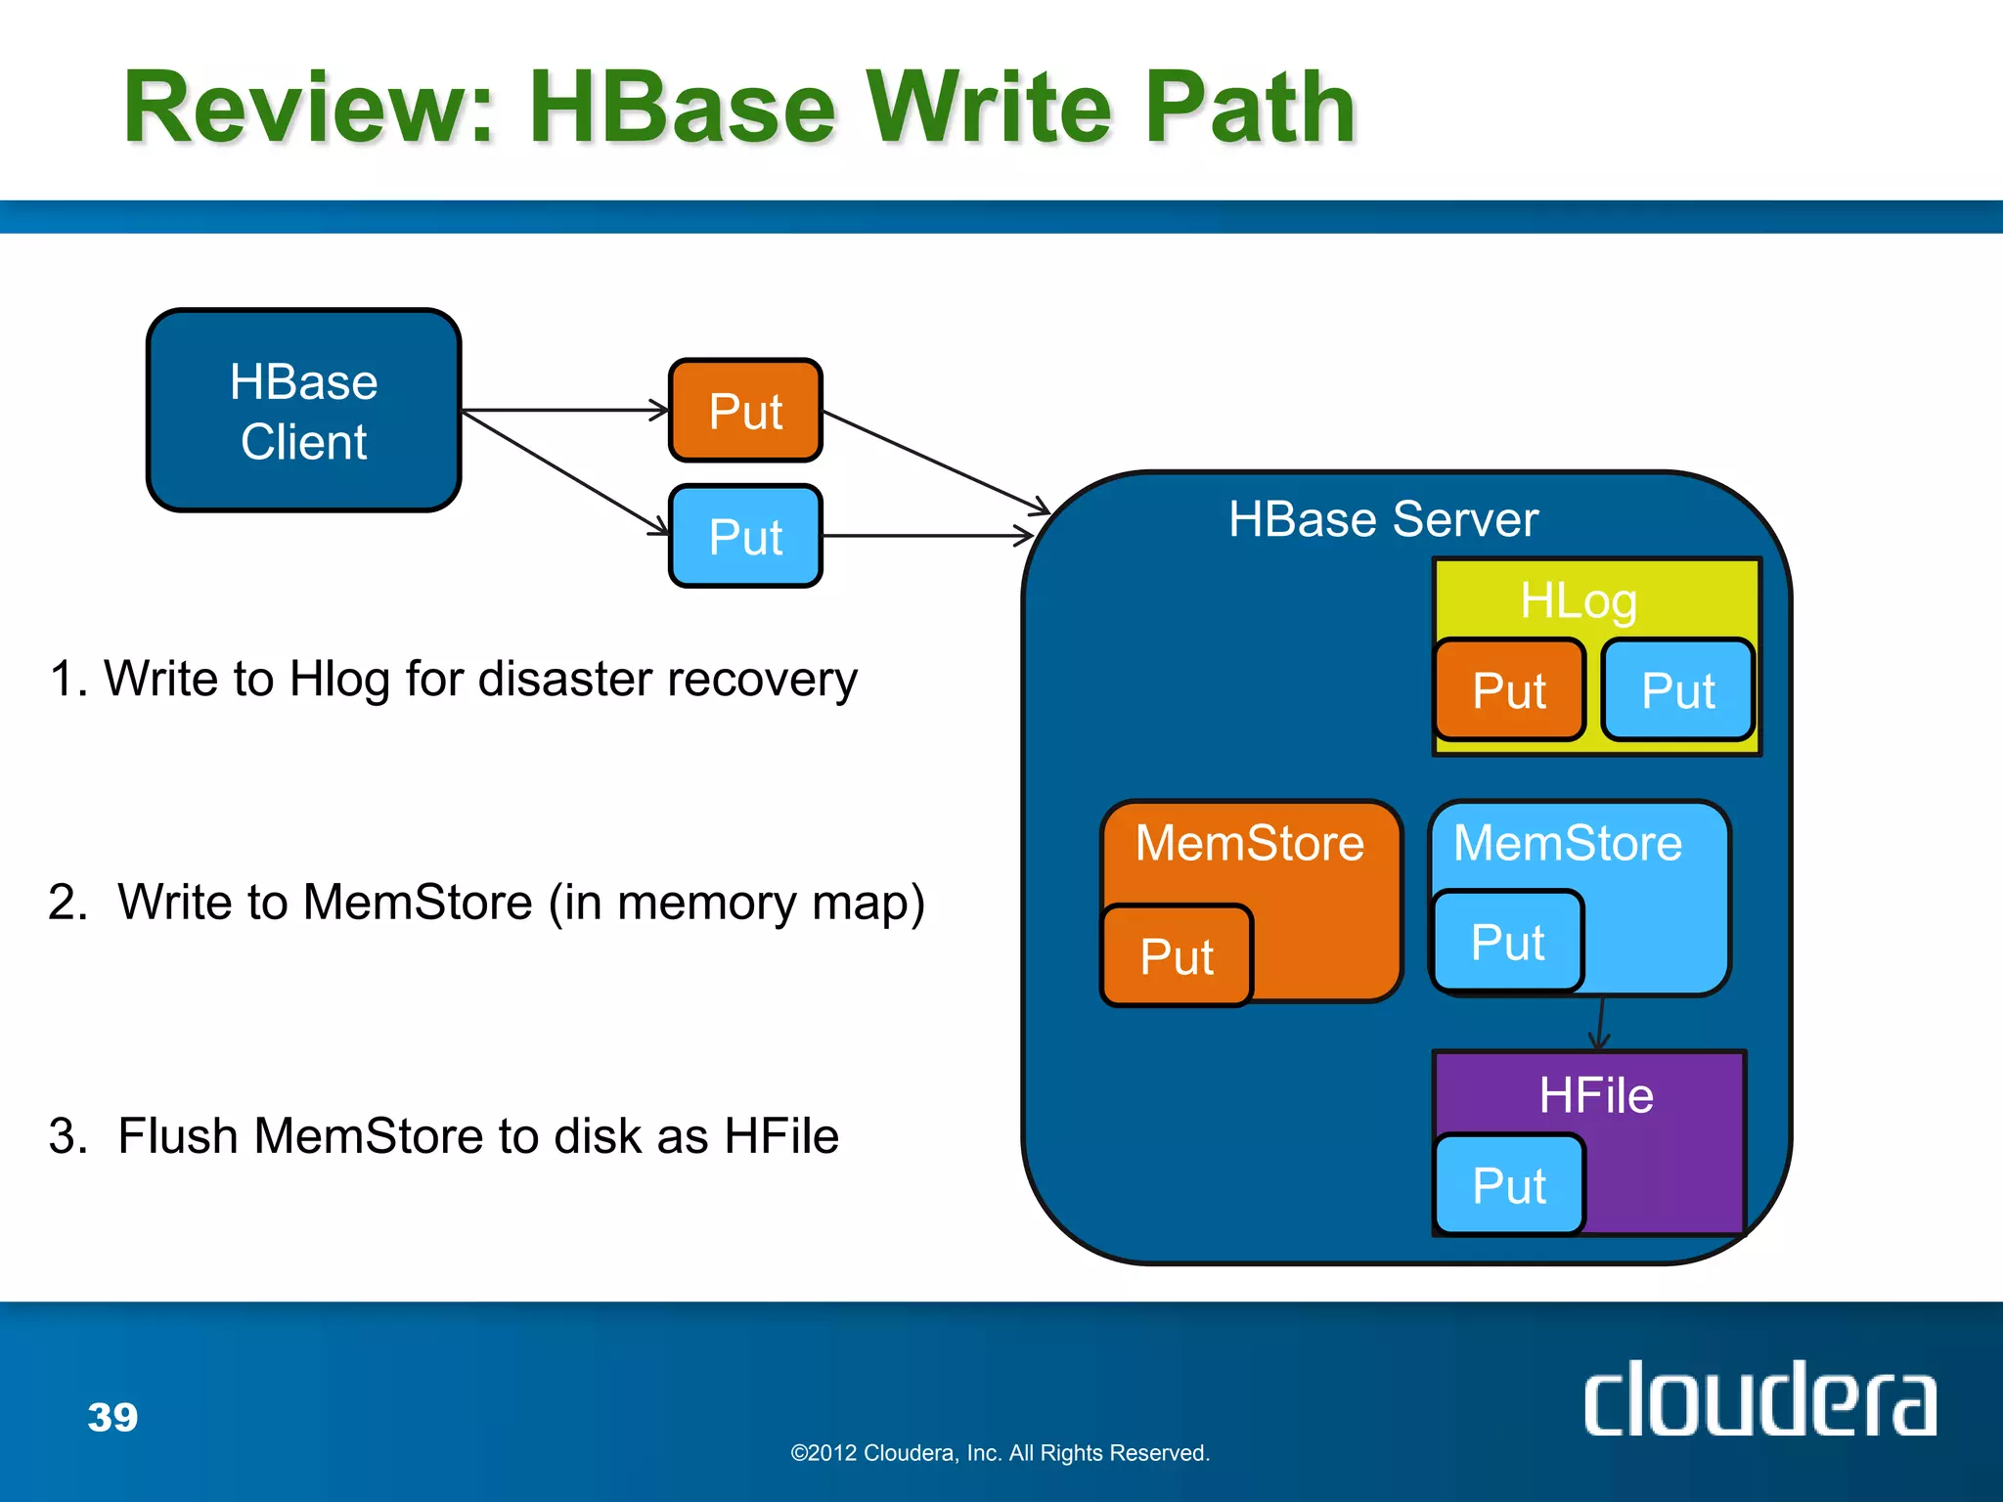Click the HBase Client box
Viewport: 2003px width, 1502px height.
(303, 411)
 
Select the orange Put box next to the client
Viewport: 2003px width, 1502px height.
(745, 411)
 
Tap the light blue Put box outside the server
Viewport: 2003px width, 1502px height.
(745, 537)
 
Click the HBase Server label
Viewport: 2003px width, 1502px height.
(1383, 519)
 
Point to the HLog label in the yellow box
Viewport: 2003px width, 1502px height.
(1578, 600)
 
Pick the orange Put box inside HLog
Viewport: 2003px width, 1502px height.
(1509, 690)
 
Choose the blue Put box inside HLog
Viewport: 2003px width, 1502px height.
(1678, 690)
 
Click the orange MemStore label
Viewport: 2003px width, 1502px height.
(1249, 843)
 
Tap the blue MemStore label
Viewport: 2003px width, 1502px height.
(1567, 843)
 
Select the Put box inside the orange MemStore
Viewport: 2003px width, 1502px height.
(1177, 955)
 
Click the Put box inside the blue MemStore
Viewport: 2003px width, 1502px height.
(1507, 942)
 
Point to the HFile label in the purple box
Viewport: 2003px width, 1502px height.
(1595, 1095)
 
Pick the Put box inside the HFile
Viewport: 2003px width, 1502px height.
(1509, 1185)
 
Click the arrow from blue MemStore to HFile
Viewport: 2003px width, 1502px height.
(1601, 1023)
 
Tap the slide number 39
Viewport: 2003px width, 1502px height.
(112, 1417)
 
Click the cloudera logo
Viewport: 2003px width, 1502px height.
(1758, 1400)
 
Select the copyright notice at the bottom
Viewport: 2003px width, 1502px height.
(1000, 1453)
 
